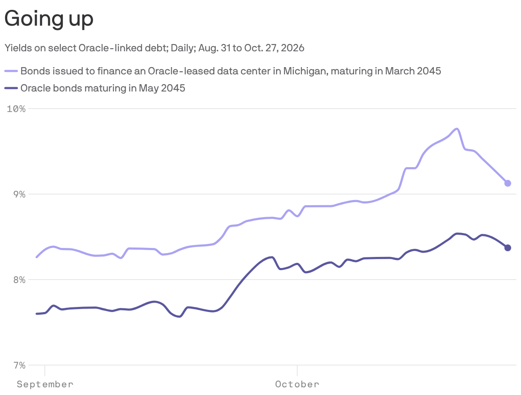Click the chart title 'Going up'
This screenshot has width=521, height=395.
tap(49, 19)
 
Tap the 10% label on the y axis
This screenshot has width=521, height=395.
tap(16, 109)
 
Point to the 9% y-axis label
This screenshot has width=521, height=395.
tap(19, 195)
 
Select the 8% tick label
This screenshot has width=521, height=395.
tap(19, 280)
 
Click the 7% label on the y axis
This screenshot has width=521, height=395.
tap(19, 366)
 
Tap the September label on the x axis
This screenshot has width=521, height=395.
tap(45, 384)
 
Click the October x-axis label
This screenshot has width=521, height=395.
tap(297, 384)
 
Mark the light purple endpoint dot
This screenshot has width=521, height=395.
tap(507, 183)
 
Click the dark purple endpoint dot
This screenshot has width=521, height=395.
tap(507, 248)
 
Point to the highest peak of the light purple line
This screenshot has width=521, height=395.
tap(457, 129)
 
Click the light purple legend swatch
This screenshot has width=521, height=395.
tap(11, 71)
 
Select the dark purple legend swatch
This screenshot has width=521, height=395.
tap(11, 88)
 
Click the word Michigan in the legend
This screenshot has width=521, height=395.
tap(306, 71)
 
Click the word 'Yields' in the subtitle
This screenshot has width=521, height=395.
tap(18, 48)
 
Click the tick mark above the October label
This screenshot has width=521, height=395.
tap(297, 371)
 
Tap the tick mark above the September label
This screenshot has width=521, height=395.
tap(45, 371)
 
